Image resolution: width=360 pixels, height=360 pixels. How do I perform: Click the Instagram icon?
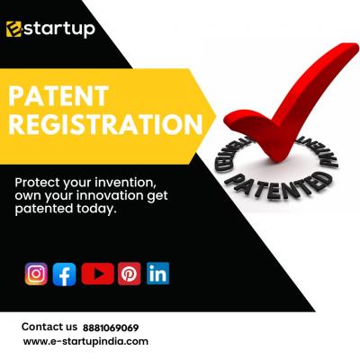point(36,274)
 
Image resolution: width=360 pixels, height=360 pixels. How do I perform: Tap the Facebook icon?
point(64,274)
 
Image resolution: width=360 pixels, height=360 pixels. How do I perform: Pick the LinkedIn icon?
point(157,274)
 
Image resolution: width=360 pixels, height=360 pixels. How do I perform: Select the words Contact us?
point(49,327)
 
